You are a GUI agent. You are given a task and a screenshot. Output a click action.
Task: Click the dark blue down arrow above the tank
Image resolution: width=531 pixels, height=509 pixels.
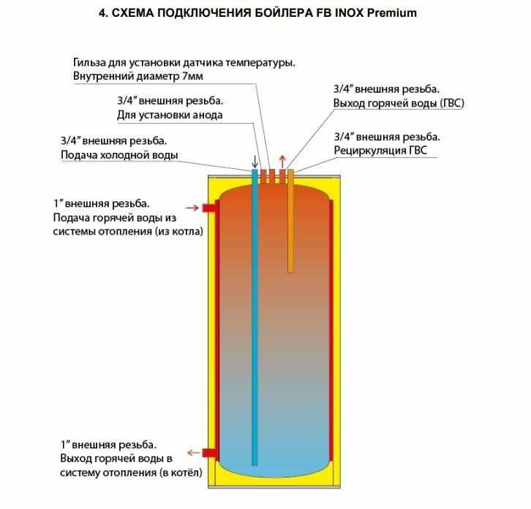[255, 161]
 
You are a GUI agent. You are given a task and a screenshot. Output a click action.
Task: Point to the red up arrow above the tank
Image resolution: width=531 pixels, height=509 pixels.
[284, 161]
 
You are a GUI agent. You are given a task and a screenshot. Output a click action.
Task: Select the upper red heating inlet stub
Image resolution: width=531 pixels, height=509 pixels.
[208, 208]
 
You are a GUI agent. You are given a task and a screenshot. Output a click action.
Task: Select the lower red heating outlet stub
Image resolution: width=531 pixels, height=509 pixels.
[208, 452]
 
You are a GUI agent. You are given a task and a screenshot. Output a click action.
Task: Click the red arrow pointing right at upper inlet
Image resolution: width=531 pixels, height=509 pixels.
[192, 208]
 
